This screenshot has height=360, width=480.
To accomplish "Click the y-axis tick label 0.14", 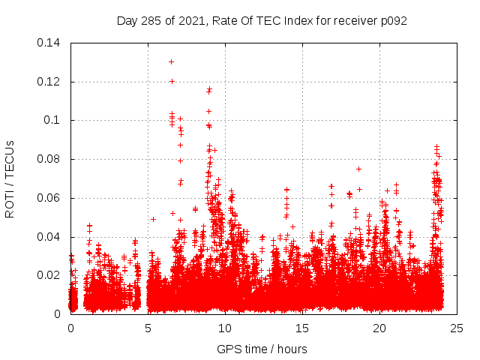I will [x=49, y=42].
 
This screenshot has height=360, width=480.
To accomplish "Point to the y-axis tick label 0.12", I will [x=49, y=81].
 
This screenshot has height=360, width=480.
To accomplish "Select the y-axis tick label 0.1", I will [x=52, y=120].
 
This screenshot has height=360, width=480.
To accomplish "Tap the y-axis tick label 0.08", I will [x=49, y=159].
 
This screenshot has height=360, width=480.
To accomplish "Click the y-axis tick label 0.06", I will [x=49, y=198].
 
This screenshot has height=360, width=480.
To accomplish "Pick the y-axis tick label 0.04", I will [x=49, y=237].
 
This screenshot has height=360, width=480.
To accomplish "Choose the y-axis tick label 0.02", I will [x=49, y=275].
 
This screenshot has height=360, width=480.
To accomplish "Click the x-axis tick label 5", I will [x=148, y=328].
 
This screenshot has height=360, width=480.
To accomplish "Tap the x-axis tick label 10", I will [x=225, y=328].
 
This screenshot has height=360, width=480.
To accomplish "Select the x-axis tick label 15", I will [x=302, y=328].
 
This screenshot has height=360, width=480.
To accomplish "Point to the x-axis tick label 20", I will [x=379, y=328].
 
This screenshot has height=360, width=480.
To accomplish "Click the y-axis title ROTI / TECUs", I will [x=10, y=178].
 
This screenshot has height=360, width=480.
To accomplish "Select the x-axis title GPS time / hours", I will [x=262, y=349].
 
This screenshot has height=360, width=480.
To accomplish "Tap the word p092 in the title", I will [x=392, y=20].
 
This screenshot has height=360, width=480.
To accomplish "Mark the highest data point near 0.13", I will [x=171, y=61].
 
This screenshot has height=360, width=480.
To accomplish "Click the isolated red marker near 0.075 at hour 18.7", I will [x=358, y=169].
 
